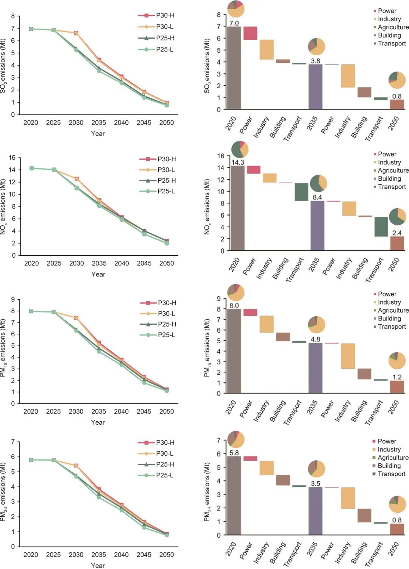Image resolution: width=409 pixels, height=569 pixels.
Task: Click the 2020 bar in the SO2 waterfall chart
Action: pyautogui.click(x=234, y=68)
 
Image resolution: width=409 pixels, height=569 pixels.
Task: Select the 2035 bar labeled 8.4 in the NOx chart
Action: pyautogui.click(x=317, y=225)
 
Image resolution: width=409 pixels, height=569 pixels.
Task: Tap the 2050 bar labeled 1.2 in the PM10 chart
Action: pyautogui.click(x=397, y=387)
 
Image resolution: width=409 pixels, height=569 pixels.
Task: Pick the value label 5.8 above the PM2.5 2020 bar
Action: pyautogui.click(x=234, y=453)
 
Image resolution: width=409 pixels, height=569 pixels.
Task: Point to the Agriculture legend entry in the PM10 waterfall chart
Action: pyautogui.click(x=390, y=310)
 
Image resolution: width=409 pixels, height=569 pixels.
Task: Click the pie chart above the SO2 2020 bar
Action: pyautogui.click(x=236, y=9)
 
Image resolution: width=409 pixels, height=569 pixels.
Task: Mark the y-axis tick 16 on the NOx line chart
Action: pyautogui.click(x=12, y=158)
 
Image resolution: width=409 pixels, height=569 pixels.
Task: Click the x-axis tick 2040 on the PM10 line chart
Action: pyautogui.click(x=121, y=411)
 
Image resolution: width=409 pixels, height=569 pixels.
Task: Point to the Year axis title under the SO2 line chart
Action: pyautogui.click(x=98, y=133)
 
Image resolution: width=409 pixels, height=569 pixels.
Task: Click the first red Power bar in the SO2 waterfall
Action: pyautogui.click(x=250, y=33)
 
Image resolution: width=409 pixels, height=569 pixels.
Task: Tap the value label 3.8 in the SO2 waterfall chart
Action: pyautogui.click(x=315, y=61)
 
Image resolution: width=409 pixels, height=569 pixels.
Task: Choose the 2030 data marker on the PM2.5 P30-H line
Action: pyautogui.click(x=76, y=465)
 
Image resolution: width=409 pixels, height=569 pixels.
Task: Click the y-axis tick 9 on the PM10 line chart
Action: pyautogui.click(x=13, y=300)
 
